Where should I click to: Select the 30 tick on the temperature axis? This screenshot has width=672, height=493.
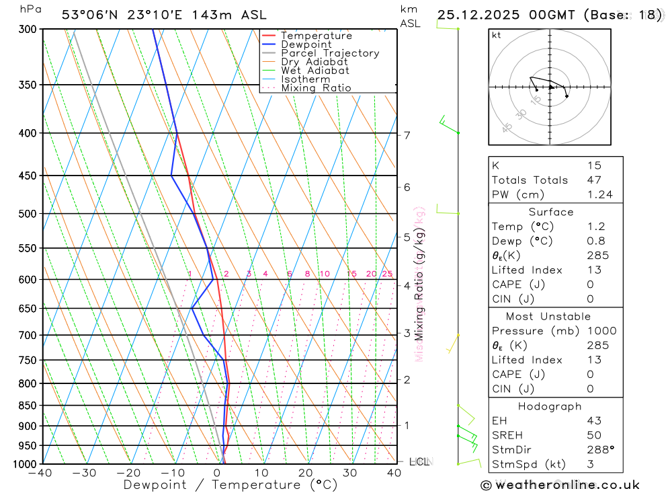pos(349,473)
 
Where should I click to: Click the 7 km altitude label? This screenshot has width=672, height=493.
pos(407,135)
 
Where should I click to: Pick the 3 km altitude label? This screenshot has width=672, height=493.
pos(407,333)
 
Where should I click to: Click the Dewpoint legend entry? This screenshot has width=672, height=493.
pos(306,44)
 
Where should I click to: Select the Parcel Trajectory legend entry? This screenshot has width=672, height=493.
pos(330,53)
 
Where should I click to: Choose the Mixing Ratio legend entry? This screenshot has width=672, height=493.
pos(316,88)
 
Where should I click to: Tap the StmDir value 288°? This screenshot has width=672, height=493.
pos(599,450)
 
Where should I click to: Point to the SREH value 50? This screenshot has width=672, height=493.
pos(594,435)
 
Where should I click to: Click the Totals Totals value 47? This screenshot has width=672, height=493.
pos(594,180)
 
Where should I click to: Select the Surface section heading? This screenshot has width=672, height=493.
pos(551,212)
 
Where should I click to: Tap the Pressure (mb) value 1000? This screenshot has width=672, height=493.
pos(599,331)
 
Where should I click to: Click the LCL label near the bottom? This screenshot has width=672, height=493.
pos(419,462)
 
